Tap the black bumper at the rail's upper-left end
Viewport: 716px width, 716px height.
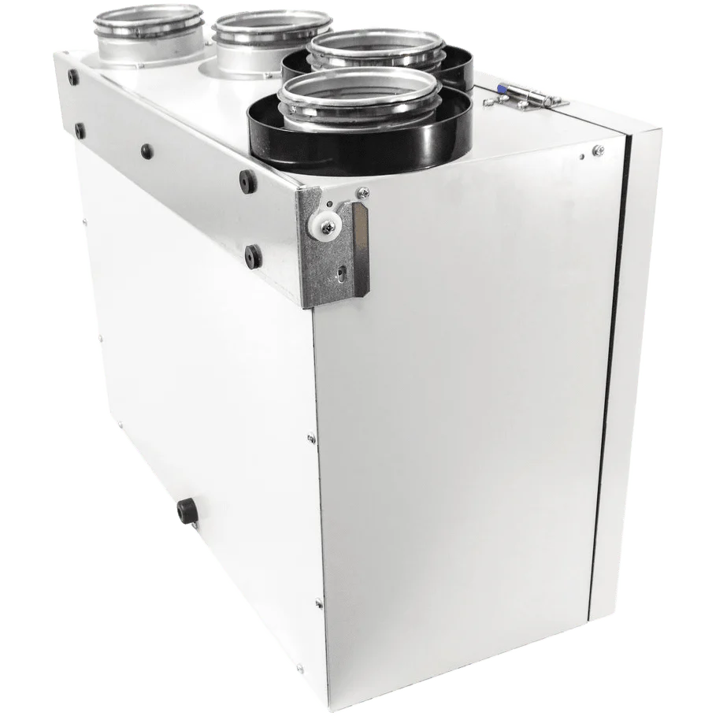pyautogui.click(x=72, y=76)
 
